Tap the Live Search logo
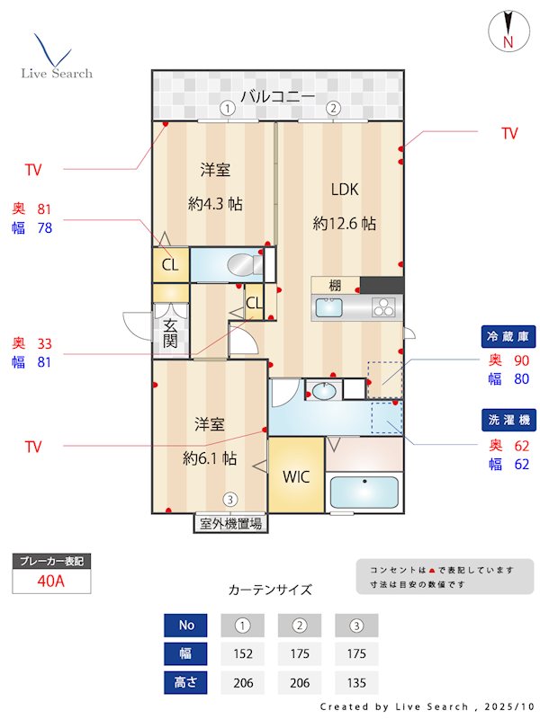(56, 58)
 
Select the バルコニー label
(276, 96)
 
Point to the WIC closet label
(296, 476)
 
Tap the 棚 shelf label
(335, 285)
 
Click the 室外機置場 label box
(230, 523)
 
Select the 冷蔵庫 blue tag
(509, 336)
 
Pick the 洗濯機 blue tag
(509, 420)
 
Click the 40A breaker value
(51, 581)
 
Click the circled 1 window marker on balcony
(229, 108)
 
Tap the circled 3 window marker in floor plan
(230, 500)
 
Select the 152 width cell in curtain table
(243, 653)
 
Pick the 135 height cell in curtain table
(356, 683)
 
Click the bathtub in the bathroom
(364, 493)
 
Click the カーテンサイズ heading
(270, 590)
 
